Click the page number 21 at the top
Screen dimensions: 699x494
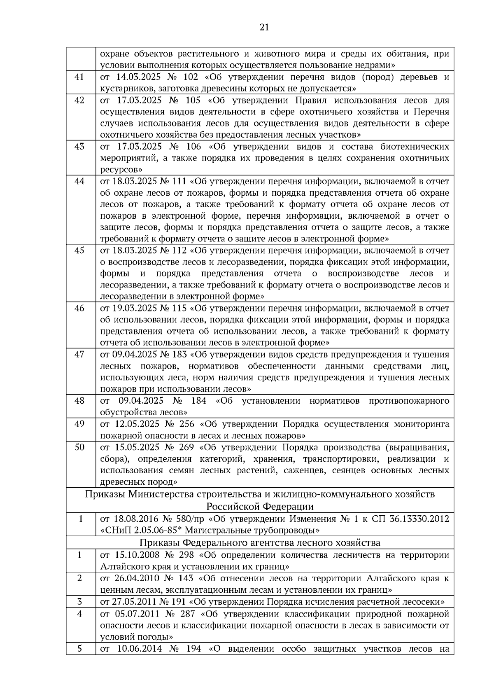(264, 28)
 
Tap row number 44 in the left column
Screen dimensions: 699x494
(79, 181)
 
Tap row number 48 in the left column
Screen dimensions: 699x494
(79, 401)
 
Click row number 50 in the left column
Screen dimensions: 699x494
(79, 447)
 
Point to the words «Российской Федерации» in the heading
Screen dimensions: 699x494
(260, 506)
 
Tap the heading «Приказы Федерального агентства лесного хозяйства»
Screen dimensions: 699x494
(260, 542)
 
